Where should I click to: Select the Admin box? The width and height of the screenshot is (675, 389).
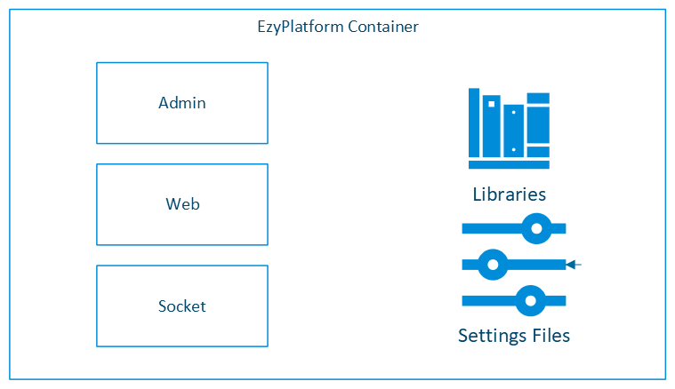coord(181,103)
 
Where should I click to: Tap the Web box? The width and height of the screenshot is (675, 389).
coord(181,204)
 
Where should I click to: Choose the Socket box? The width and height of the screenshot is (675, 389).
coord(181,306)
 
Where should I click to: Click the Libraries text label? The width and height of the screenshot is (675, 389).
coord(509,194)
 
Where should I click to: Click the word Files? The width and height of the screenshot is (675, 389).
coord(549,336)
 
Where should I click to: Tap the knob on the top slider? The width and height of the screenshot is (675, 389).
coord(535,228)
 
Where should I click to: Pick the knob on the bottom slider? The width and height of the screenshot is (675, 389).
coord(530,300)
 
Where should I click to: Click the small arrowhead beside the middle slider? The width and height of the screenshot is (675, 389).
coord(572,264)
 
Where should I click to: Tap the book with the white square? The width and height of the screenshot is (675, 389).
coord(491,126)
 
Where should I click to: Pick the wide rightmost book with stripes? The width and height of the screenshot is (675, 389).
coord(538,124)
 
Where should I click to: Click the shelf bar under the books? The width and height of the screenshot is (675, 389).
coord(509,164)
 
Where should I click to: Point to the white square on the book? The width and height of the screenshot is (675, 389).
coord(491,104)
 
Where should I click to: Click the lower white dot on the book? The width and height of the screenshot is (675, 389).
coord(514,149)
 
